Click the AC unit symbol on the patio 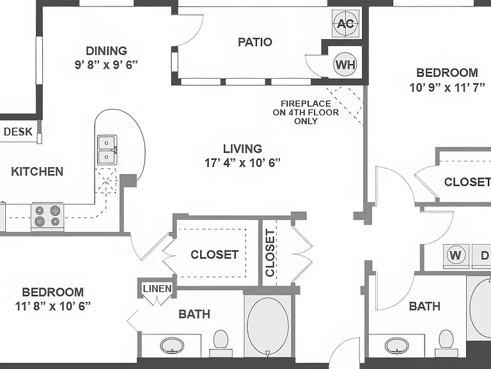(x=346, y=24)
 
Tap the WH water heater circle (x=345, y=64)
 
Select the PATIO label (x=255, y=42)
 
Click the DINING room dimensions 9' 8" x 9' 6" (x=107, y=65)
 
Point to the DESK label (x=18, y=132)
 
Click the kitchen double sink (x=107, y=150)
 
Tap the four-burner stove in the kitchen (x=47, y=217)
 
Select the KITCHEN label (x=37, y=172)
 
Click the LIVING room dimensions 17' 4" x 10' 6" (x=242, y=163)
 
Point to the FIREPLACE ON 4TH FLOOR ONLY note (x=306, y=112)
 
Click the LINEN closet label (x=157, y=289)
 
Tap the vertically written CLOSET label (x=270, y=253)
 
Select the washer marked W (x=455, y=256)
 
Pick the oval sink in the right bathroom (x=397, y=346)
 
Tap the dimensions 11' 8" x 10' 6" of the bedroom (x=53, y=306)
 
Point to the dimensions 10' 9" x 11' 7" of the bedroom (x=447, y=87)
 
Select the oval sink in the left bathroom (x=172, y=346)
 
